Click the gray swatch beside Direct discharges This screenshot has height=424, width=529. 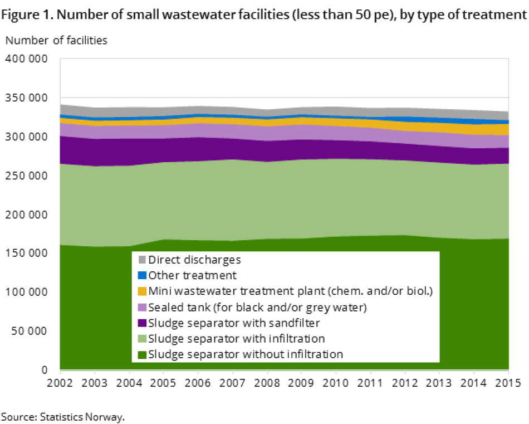[x=142, y=260]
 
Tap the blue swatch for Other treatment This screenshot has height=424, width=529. [x=142, y=275]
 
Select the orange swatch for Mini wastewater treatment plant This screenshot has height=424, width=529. [x=142, y=291]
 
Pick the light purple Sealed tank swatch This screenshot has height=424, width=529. [x=142, y=307]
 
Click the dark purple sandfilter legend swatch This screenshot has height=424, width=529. [x=142, y=323]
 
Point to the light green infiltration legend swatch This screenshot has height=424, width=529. [x=142, y=339]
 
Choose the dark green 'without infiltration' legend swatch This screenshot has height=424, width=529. [x=142, y=354]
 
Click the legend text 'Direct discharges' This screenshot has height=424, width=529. [x=194, y=260]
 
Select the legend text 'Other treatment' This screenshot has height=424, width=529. [x=192, y=275]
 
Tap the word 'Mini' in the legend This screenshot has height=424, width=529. [x=158, y=291]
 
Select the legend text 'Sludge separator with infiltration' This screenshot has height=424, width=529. [x=236, y=339]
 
